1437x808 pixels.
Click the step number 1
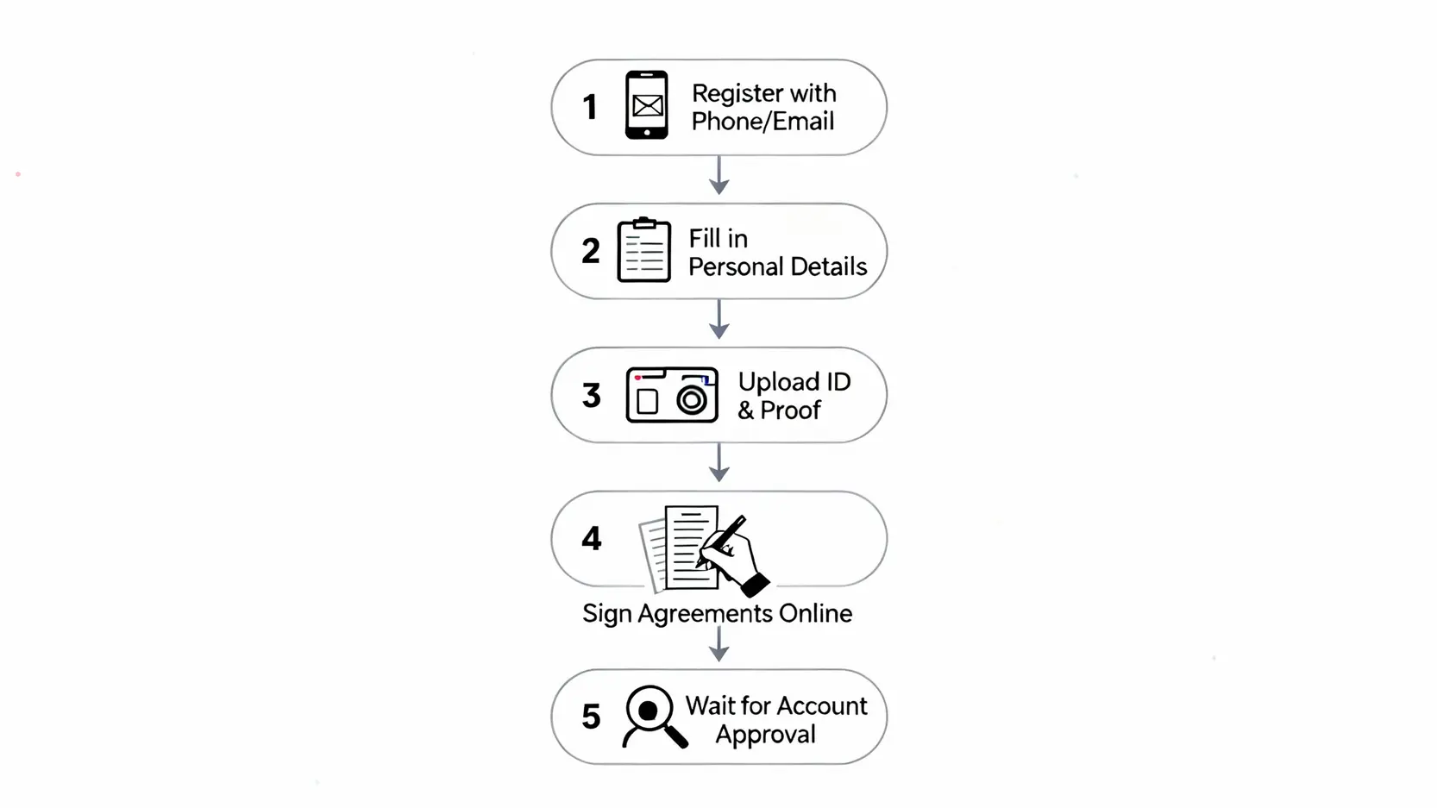590,107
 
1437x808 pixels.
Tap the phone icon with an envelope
647,105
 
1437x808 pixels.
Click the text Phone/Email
762,122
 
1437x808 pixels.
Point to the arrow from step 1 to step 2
718,174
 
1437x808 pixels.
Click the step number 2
591,251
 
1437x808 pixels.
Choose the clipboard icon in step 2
644,249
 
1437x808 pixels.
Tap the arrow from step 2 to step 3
718,319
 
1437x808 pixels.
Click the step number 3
592,395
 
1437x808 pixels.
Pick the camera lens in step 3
692,400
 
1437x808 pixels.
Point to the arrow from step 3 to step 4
718,462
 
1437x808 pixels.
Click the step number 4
592,539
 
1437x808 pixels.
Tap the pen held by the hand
722,541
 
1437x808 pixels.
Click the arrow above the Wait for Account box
718,643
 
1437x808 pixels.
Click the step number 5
591,717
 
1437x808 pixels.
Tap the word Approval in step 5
765,735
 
